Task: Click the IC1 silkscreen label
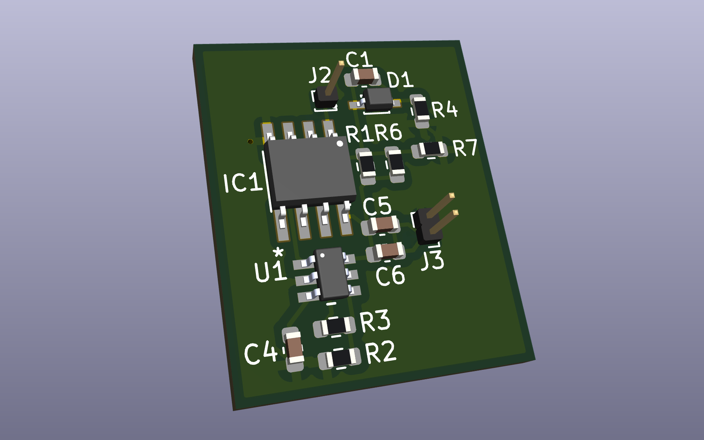tap(243, 182)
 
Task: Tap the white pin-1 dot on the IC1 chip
tap(340, 144)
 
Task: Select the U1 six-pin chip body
tap(332, 274)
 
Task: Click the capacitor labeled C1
tap(366, 76)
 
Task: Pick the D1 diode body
tap(378, 99)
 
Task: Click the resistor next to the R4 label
tap(421, 109)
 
